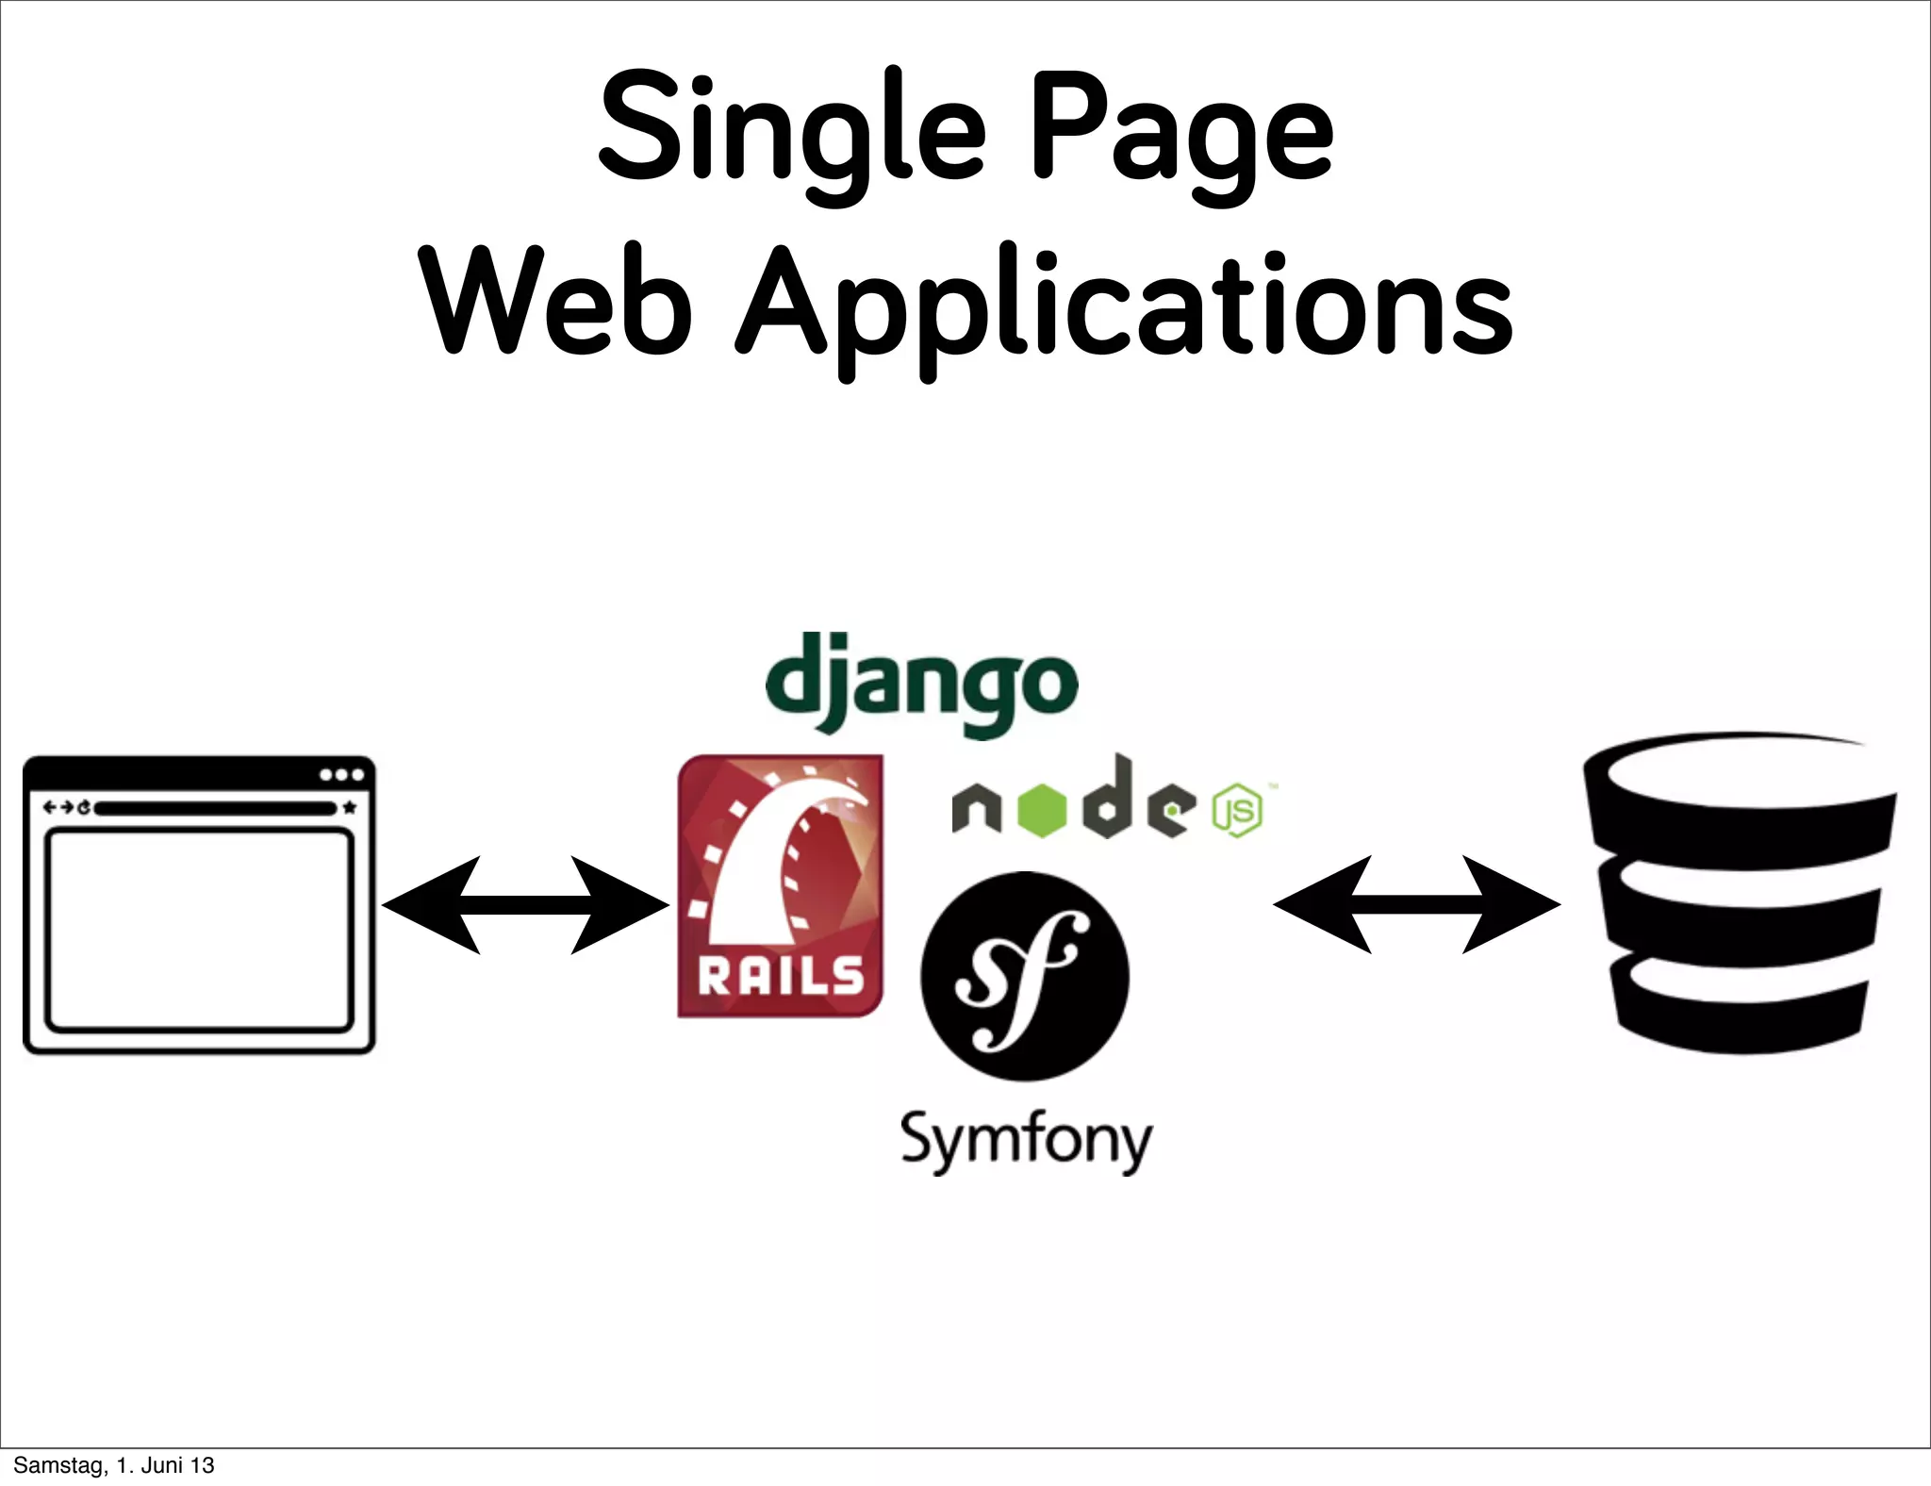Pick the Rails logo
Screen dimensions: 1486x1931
point(781,885)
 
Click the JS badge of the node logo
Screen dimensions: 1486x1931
point(1237,810)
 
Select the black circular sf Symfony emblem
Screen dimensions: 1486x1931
point(1025,976)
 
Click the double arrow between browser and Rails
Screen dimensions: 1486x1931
point(525,905)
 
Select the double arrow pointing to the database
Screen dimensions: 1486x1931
point(1416,904)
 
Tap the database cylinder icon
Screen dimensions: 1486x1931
point(1740,891)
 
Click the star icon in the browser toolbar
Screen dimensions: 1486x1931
point(350,807)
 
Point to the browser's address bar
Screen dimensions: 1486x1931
point(215,808)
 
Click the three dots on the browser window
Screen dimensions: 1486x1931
point(341,775)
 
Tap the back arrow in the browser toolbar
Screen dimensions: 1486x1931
point(49,807)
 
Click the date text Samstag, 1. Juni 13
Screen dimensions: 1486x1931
point(114,1465)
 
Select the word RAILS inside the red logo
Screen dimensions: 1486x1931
point(781,977)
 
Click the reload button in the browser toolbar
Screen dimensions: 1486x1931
point(84,807)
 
